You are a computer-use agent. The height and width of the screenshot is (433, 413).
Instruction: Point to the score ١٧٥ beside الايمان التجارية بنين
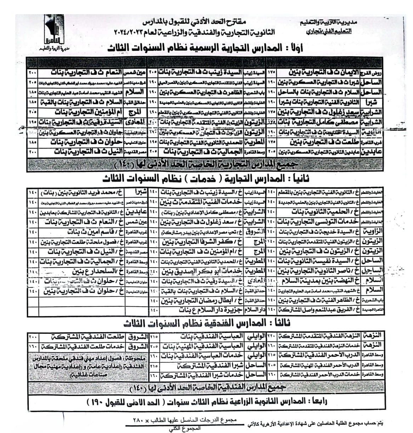(x=271, y=73)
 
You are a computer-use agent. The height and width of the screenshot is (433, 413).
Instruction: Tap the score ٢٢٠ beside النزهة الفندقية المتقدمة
(x=271, y=336)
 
